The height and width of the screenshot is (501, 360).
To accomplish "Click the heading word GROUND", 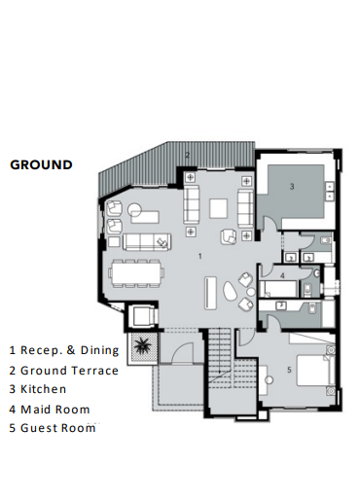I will (x=41, y=165).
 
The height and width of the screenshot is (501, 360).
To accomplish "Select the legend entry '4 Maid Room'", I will (x=50, y=410).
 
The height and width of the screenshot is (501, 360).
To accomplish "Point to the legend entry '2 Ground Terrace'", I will (x=64, y=371).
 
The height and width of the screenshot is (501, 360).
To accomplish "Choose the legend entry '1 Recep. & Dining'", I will (x=64, y=350).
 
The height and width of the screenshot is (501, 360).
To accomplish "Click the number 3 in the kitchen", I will (x=289, y=185).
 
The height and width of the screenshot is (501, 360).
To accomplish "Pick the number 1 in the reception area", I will (x=198, y=256).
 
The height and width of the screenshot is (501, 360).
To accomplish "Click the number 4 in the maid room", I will (x=282, y=276).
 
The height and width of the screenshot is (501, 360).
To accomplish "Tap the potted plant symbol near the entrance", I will (x=143, y=344).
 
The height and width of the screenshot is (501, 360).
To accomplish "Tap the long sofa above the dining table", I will (x=142, y=241).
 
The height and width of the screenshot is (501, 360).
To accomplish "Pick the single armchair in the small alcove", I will (x=142, y=315).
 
